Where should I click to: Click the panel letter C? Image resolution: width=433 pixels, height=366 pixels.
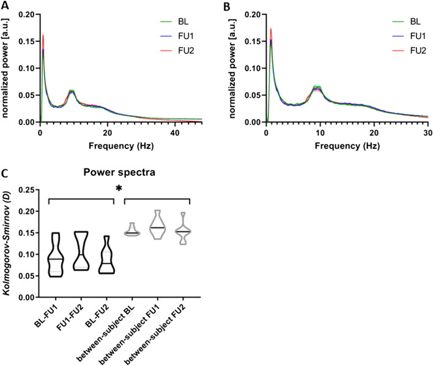tap(6, 173)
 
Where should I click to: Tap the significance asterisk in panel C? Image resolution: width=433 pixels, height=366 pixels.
tap(119, 189)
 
